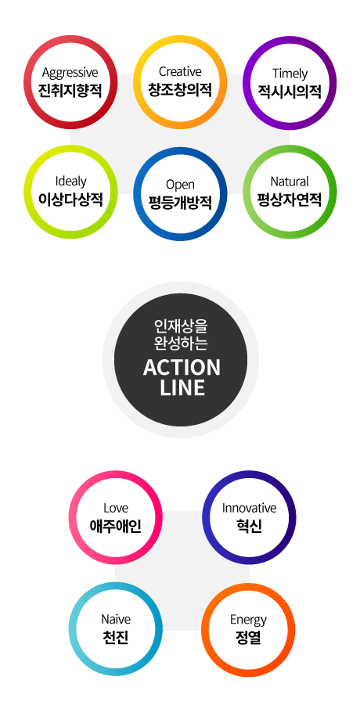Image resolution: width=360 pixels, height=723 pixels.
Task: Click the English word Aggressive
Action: [70, 73]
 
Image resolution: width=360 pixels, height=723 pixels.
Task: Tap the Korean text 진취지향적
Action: [70, 89]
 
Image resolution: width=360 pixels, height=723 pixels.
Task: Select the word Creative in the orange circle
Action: [180, 71]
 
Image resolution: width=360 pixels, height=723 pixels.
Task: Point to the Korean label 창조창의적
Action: [180, 89]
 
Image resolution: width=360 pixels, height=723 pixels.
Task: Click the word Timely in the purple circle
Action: [290, 74]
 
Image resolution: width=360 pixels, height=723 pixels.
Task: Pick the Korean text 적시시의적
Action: [290, 91]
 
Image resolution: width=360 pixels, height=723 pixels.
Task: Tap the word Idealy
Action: [70, 181]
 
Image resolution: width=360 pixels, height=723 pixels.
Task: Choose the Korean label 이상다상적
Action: [70, 199]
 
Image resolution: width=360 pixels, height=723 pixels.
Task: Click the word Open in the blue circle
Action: [180, 185]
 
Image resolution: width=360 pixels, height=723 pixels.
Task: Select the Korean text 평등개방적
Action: [180, 202]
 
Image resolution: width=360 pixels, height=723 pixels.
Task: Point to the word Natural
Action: [290, 182]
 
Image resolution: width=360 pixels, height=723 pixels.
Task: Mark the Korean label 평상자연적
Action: [290, 199]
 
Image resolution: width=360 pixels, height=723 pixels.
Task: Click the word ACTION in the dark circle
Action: [182, 368]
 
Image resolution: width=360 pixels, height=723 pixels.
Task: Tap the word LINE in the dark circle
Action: [182, 387]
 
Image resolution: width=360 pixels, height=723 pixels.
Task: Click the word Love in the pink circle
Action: [116, 508]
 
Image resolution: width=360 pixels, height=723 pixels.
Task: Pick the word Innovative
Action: [250, 508]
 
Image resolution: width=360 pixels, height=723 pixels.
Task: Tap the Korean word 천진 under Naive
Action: [116, 637]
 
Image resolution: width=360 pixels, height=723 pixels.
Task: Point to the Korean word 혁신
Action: [248, 525]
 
